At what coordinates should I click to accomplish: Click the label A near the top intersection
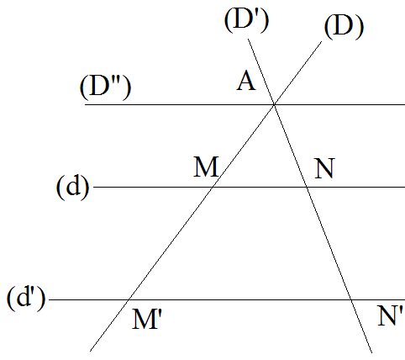[246, 81]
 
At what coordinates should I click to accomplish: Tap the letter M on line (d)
[206, 167]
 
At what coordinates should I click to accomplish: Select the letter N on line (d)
[325, 168]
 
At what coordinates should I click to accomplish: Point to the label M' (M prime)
[146, 318]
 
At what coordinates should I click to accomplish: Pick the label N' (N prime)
[391, 315]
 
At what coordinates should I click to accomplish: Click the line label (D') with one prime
[246, 20]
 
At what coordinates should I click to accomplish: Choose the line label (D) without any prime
[344, 27]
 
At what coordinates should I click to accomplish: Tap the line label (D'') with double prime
[105, 87]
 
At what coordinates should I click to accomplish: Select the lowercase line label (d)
[73, 187]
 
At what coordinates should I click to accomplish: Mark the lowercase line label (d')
[26, 298]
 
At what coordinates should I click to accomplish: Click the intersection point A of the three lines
[274, 104]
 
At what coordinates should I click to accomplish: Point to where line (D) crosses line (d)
[213, 187]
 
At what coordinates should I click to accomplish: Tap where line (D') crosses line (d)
[307, 187]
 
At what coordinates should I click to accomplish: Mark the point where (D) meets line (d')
[129, 299]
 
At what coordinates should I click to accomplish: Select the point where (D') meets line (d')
[351, 299]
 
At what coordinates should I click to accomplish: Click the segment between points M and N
[260, 187]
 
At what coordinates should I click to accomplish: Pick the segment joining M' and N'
[239, 299]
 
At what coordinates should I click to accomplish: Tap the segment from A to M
[244, 146]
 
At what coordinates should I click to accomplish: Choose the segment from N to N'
[329, 243]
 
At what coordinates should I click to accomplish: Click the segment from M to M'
[171, 243]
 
